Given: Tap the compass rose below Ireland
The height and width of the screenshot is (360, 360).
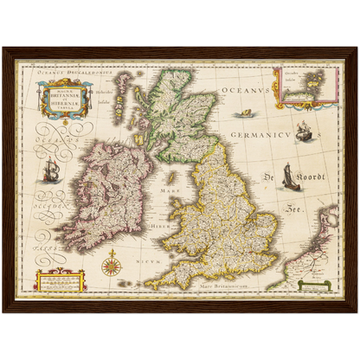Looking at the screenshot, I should tap(110, 262).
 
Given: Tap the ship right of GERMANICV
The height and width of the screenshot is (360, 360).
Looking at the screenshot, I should tap(304, 132).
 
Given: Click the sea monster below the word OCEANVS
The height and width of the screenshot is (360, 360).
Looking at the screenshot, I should tap(246, 113).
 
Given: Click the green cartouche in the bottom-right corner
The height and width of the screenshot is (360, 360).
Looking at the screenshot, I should tap(315, 284).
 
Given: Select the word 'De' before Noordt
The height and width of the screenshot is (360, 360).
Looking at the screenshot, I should tap(270, 177).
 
